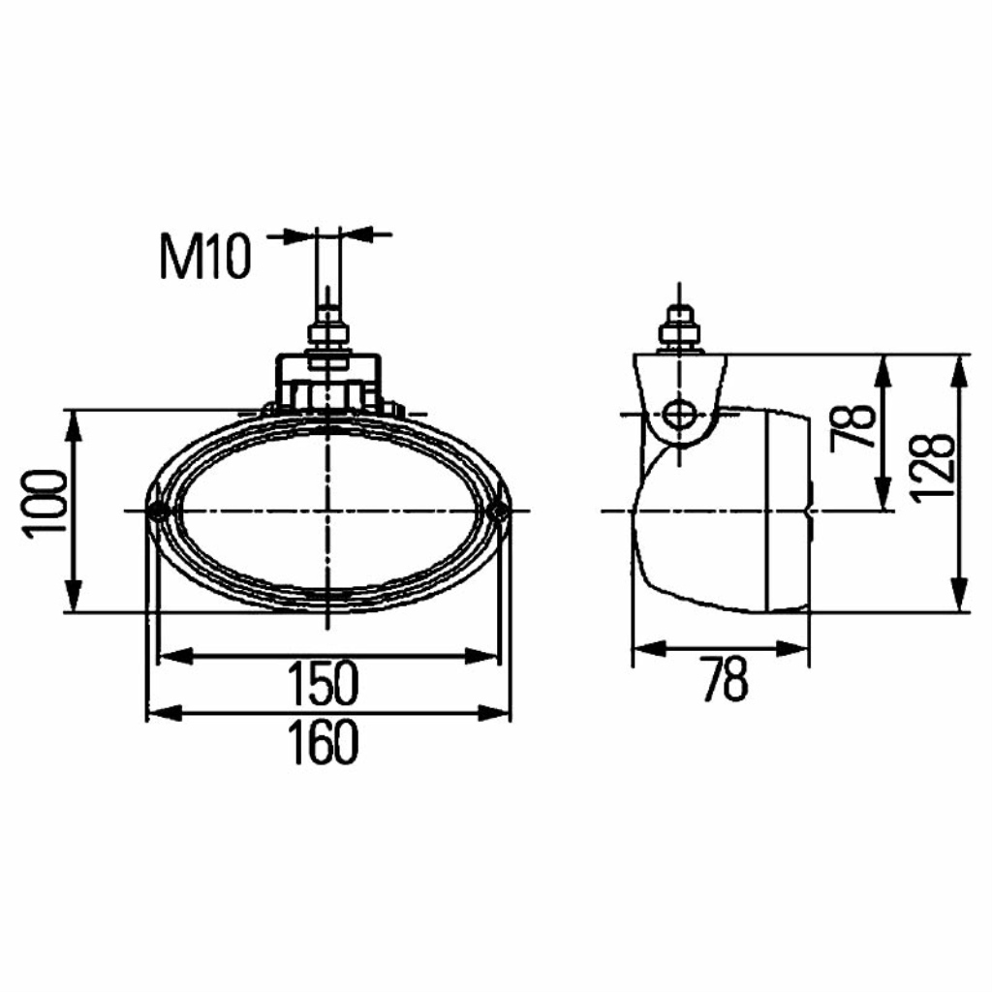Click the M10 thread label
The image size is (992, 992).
tap(205, 256)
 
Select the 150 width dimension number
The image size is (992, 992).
tap(324, 683)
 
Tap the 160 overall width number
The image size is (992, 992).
tap(324, 741)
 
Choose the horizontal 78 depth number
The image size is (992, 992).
tap(725, 678)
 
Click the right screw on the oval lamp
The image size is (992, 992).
tap(500, 510)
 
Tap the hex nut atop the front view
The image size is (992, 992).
tap(327, 334)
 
